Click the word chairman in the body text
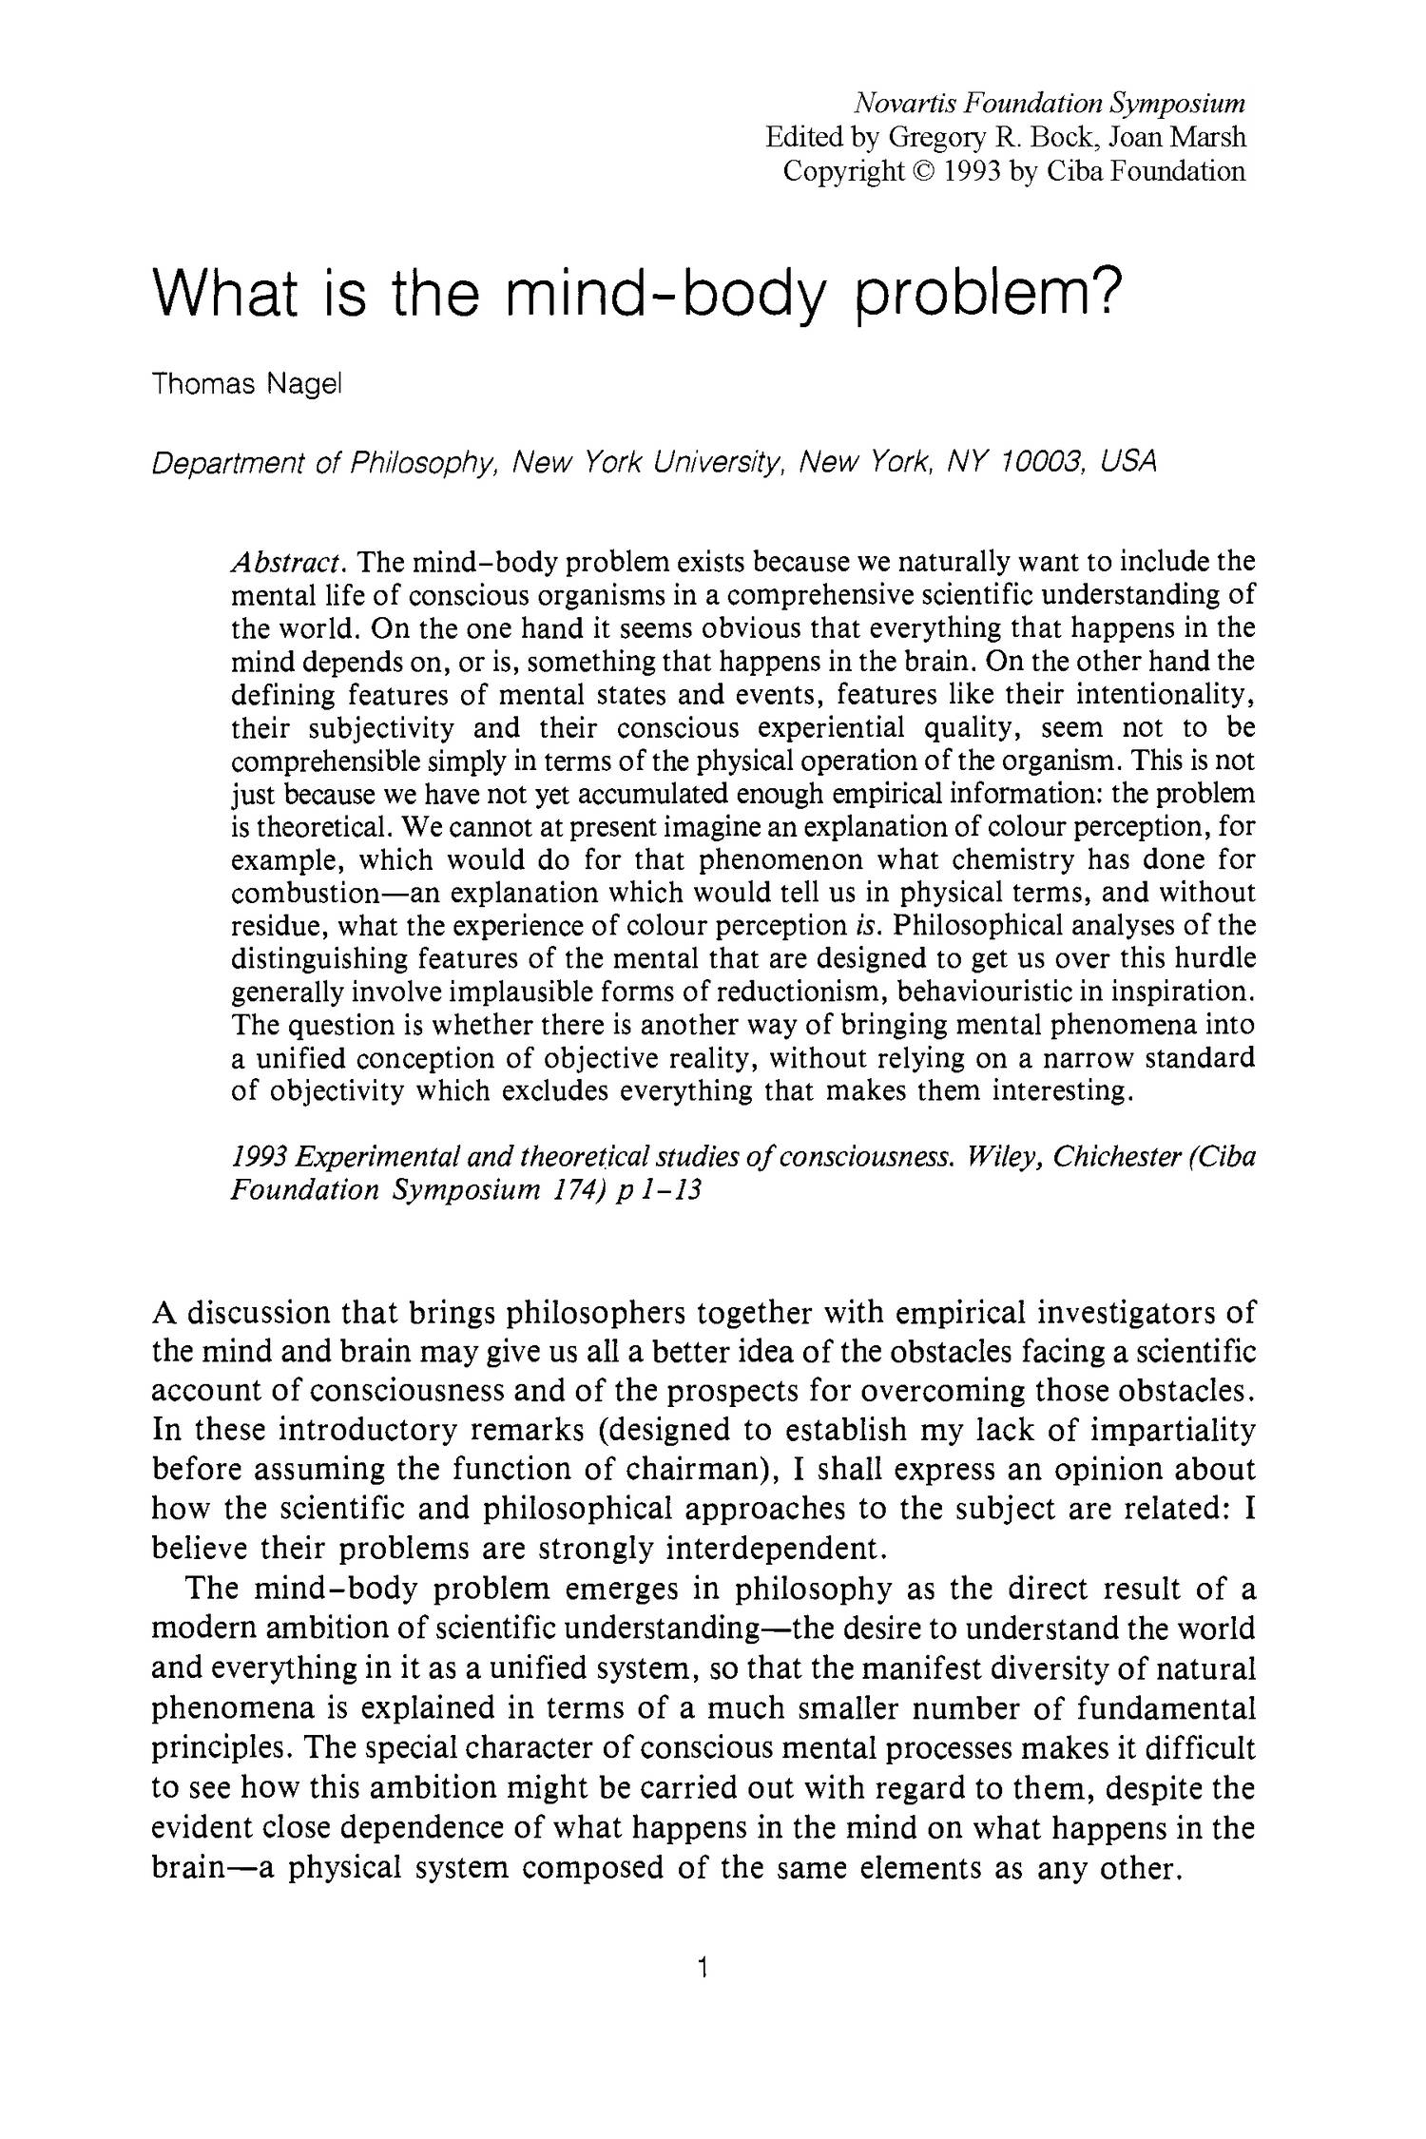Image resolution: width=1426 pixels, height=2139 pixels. point(694,1470)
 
